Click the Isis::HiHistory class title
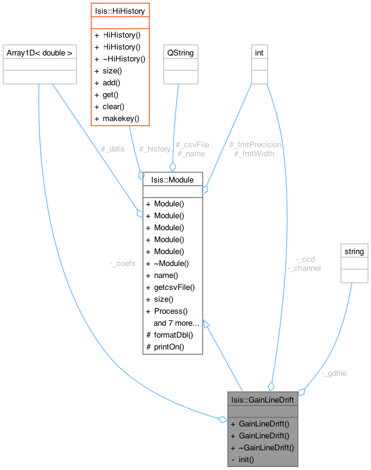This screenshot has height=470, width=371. [x=120, y=10]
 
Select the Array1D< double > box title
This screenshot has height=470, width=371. [x=39, y=53]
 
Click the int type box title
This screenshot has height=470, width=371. [x=259, y=53]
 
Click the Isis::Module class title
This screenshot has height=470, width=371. [x=173, y=180]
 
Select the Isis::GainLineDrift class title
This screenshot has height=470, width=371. [x=262, y=399]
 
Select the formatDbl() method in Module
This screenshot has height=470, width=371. [x=173, y=335]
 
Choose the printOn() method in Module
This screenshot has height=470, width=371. [x=169, y=347]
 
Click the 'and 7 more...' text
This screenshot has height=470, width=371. [x=176, y=323]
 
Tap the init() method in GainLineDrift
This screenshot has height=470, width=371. [x=246, y=459]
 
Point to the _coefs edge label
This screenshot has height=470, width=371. [x=122, y=263]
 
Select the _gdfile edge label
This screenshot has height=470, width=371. [x=334, y=373]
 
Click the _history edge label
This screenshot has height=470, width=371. [x=155, y=149]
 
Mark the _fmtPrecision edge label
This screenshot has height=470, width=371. [x=255, y=144]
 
